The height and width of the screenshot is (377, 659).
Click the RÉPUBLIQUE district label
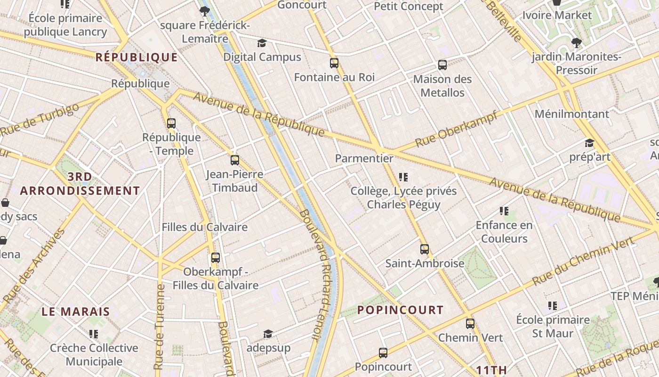click(137, 57)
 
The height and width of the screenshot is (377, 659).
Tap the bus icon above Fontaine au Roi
click(334, 63)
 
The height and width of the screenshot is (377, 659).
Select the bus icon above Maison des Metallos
click(442, 65)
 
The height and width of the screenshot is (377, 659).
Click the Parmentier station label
click(364, 158)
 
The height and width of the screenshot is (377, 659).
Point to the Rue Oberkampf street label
click(456, 129)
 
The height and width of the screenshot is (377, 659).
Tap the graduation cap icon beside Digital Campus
click(262, 43)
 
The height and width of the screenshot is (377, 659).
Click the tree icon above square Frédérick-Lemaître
click(204, 11)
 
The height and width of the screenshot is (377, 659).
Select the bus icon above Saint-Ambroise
click(425, 249)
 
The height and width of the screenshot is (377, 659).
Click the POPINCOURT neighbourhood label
click(400, 310)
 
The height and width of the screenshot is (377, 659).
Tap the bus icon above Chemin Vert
click(470, 324)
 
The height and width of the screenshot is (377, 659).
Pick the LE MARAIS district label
click(76, 311)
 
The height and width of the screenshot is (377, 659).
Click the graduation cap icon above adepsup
click(268, 334)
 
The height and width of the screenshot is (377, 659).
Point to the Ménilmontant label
click(571, 114)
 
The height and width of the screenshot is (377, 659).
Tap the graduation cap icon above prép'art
click(589, 143)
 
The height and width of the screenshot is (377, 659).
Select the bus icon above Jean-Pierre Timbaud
click(235, 160)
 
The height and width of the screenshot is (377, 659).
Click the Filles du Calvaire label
click(205, 227)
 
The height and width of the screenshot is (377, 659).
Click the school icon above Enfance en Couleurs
click(504, 211)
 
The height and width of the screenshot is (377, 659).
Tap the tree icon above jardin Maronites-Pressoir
click(576, 43)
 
